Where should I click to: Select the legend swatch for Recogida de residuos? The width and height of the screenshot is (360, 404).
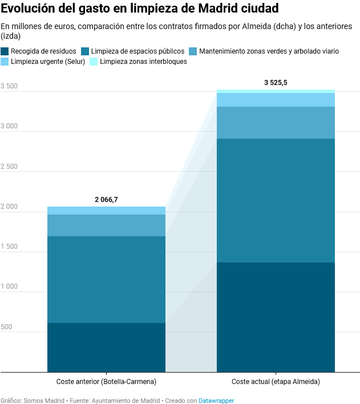pyautogui.click(x=5, y=51)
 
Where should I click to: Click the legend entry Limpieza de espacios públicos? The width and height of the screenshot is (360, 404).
pyautogui.click(x=137, y=51)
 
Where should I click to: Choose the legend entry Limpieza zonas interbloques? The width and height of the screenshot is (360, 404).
pyautogui.click(x=143, y=62)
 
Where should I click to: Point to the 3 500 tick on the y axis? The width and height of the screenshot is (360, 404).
pyautogui.click(x=9, y=87)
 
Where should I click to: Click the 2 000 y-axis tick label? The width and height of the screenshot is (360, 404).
pyautogui.click(x=9, y=207)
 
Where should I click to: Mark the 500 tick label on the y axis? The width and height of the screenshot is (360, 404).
pyautogui.click(x=6, y=327)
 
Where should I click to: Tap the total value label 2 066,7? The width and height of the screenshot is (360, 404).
pyautogui.click(x=106, y=200)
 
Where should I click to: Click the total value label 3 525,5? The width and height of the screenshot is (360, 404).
pyautogui.click(x=276, y=83)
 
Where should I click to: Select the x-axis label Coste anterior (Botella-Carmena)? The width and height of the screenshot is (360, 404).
pyautogui.click(x=106, y=381)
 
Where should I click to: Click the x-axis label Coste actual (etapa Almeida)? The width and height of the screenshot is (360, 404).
pyautogui.click(x=276, y=381)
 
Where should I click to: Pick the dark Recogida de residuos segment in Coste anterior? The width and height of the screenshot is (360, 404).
pyautogui.click(x=106, y=348)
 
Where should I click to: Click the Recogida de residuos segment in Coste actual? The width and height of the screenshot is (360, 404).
pyautogui.click(x=276, y=317)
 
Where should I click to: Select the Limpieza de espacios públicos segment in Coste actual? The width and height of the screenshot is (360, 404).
pyautogui.click(x=276, y=200)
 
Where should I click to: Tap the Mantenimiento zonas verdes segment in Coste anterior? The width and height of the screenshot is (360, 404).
pyautogui.click(x=106, y=225)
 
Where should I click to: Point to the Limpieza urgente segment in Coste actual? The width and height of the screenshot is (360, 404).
pyautogui.click(x=276, y=100)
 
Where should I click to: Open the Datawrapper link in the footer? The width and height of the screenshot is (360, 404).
pyautogui.click(x=216, y=401)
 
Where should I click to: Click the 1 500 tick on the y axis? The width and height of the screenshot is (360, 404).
pyautogui.click(x=9, y=247)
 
